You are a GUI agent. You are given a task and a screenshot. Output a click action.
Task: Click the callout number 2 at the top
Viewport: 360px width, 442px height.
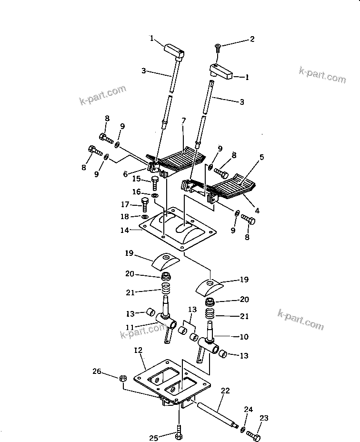tap(252, 39)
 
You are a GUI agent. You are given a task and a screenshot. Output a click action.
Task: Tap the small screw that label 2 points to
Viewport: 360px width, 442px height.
tap(217, 48)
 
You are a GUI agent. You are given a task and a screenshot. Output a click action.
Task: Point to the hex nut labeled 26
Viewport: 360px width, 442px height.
tap(122, 378)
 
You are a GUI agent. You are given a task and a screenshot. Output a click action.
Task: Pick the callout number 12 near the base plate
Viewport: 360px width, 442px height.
tap(139, 351)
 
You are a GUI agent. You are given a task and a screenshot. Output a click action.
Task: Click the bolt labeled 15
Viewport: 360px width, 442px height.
tap(155, 182)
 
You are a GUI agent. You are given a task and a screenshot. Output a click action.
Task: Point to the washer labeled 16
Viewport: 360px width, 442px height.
tap(155, 195)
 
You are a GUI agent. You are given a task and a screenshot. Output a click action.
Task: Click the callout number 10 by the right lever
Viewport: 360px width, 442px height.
tap(243, 337)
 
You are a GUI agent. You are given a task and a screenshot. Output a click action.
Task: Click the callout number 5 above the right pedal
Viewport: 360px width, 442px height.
tap(261, 157)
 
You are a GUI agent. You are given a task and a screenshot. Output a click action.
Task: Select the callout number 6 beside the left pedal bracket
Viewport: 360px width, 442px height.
tap(125, 174)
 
